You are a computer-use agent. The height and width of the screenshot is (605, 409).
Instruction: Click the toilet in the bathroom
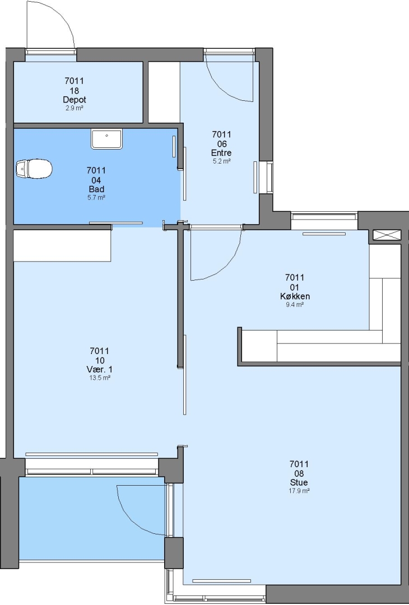[x=34, y=169]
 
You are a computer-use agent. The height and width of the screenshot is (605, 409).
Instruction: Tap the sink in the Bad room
[x=107, y=139]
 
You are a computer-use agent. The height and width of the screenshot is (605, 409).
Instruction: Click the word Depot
[x=75, y=100]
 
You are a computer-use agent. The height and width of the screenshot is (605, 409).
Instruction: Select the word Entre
[x=221, y=153]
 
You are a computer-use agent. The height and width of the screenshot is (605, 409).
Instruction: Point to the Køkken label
[x=295, y=296]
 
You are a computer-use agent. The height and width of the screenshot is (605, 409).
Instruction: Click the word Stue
[x=299, y=482]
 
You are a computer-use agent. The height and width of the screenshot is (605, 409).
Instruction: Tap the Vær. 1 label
[x=100, y=370]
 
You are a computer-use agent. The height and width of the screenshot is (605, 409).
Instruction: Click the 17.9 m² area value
[x=300, y=491]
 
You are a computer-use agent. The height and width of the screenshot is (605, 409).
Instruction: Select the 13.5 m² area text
[x=100, y=378]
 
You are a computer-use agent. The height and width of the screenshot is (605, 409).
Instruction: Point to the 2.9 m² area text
[x=75, y=108]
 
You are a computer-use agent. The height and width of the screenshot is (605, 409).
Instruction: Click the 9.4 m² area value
[x=295, y=305]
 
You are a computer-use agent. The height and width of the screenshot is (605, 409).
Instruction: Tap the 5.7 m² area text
[x=96, y=198]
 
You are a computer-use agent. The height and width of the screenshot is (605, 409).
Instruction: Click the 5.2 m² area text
[x=221, y=161]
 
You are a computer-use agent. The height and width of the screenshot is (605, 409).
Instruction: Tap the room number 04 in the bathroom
[x=96, y=180]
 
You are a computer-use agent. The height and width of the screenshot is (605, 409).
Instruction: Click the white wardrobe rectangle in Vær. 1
[x=63, y=246]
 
